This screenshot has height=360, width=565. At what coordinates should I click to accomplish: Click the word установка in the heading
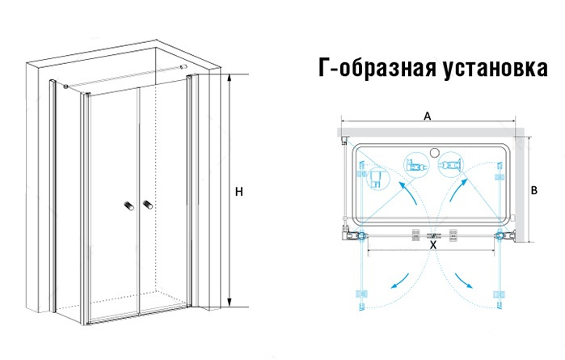[x=495, y=69]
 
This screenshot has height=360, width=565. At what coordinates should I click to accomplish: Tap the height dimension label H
[x=239, y=192]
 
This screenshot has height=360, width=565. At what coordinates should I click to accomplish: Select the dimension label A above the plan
[x=427, y=116]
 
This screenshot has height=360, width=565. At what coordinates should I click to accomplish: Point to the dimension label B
[x=534, y=190]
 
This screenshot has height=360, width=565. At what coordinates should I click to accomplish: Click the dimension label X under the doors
[x=433, y=245]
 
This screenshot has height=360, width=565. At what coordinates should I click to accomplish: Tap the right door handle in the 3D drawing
[x=147, y=205]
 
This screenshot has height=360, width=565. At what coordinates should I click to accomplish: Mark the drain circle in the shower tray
[x=434, y=152]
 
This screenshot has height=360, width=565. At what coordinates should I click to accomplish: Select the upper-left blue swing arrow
[x=409, y=193]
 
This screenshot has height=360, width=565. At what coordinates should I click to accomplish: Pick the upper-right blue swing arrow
[x=458, y=191]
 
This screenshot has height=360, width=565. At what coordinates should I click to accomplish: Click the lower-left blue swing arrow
[x=400, y=282]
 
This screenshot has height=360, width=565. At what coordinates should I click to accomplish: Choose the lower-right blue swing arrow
[x=464, y=280]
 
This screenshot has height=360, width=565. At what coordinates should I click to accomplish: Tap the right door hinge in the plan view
[x=502, y=236]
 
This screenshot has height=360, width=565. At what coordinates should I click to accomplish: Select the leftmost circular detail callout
[x=377, y=178]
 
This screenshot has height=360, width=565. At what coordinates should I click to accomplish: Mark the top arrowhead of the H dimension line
[x=229, y=77]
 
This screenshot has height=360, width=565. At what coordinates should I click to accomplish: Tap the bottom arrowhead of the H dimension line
[x=229, y=303]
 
